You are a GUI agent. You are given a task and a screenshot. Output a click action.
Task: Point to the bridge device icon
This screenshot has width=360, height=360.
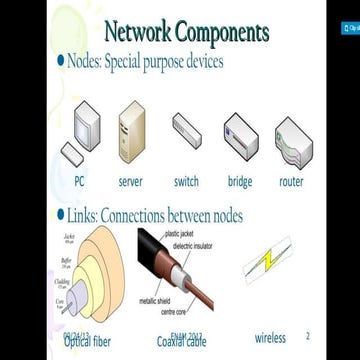[x=240, y=137]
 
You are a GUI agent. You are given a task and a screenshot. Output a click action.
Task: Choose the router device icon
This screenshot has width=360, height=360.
[x=292, y=139]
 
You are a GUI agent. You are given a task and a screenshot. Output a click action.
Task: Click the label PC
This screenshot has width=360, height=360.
[x=79, y=182]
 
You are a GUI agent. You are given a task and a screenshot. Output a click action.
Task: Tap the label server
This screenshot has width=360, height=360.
[x=131, y=182]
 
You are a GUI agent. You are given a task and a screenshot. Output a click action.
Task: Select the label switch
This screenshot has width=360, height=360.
[x=186, y=182]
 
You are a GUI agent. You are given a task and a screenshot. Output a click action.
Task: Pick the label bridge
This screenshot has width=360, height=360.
[x=239, y=182]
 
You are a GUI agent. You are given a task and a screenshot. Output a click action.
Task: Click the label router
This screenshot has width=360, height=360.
[x=291, y=182]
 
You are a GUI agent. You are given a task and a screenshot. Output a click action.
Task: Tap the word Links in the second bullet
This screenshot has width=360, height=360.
[x=84, y=215]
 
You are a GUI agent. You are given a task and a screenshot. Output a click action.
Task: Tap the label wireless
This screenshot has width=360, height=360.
[x=269, y=338]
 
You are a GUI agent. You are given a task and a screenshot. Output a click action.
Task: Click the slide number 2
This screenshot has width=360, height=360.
[x=307, y=336]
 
